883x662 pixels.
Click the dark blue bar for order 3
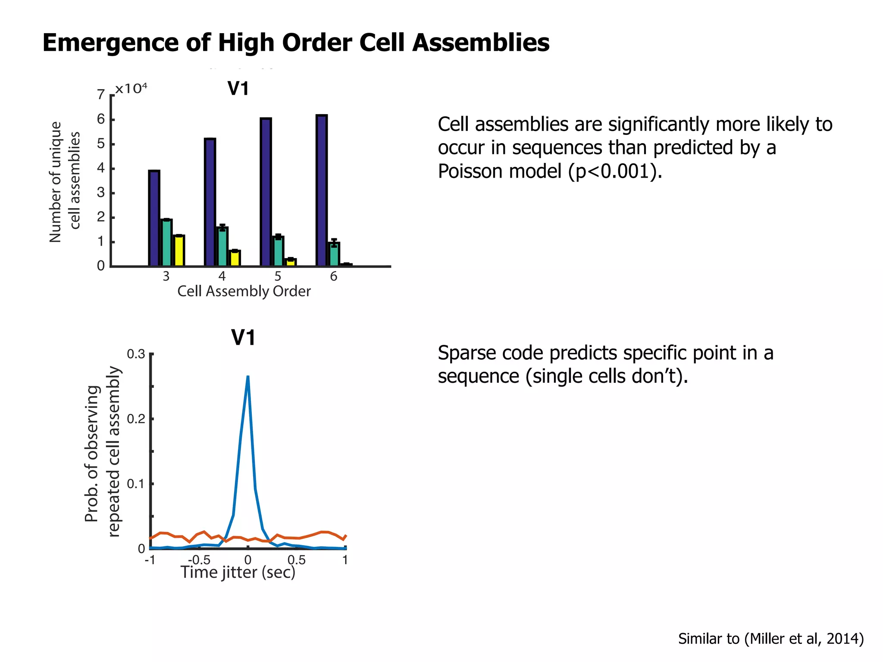(x=154, y=218)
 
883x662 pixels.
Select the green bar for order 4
(x=222, y=247)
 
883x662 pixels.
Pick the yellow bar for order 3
(x=179, y=251)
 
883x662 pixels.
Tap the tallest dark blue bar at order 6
(x=322, y=190)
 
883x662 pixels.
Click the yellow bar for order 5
(x=291, y=262)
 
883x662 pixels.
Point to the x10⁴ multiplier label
(x=131, y=89)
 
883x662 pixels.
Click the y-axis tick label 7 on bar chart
(x=101, y=94)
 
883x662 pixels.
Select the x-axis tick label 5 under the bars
(x=278, y=276)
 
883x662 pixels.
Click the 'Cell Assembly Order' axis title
(x=244, y=291)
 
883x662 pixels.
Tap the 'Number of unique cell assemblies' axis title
(x=65, y=181)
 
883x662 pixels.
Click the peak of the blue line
(x=248, y=377)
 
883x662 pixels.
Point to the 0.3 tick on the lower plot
(x=136, y=354)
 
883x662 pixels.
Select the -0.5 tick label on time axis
(x=199, y=560)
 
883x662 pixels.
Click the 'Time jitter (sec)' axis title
(x=238, y=572)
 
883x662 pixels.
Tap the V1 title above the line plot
(x=243, y=337)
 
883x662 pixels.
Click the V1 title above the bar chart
(x=238, y=89)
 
